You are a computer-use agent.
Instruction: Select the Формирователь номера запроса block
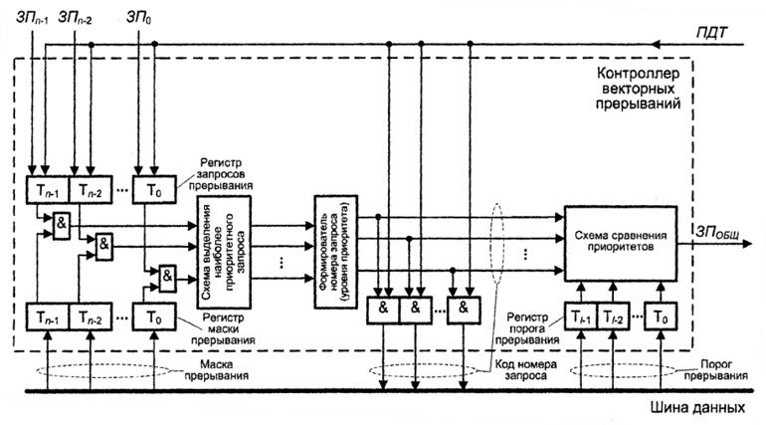click(332, 243)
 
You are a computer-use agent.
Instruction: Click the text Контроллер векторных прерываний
click(637, 89)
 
